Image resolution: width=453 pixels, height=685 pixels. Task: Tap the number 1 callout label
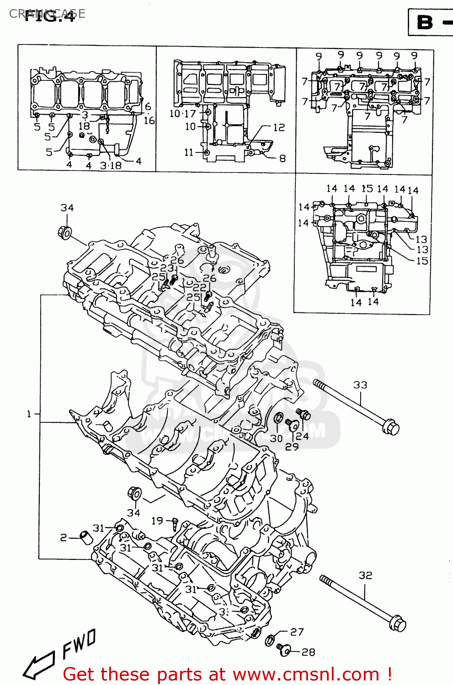[x=29, y=414]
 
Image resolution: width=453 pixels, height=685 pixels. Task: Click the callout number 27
[x=297, y=632]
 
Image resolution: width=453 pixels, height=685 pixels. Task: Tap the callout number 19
[x=157, y=521]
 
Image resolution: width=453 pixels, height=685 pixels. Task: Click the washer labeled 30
[x=278, y=418]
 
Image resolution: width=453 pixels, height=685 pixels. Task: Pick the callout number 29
[x=292, y=447]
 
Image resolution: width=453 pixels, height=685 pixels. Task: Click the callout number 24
[x=302, y=436]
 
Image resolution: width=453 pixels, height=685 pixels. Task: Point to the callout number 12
[x=279, y=127]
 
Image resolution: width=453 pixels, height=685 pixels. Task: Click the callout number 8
[x=282, y=158]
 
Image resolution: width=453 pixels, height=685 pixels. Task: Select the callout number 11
[x=189, y=152]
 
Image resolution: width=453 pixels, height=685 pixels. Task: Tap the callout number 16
[x=149, y=121]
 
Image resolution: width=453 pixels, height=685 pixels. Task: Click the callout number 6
[x=148, y=107]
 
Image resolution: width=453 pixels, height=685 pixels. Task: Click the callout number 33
[x=360, y=385]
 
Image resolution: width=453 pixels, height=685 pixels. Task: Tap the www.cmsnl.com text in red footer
[x=306, y=674]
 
